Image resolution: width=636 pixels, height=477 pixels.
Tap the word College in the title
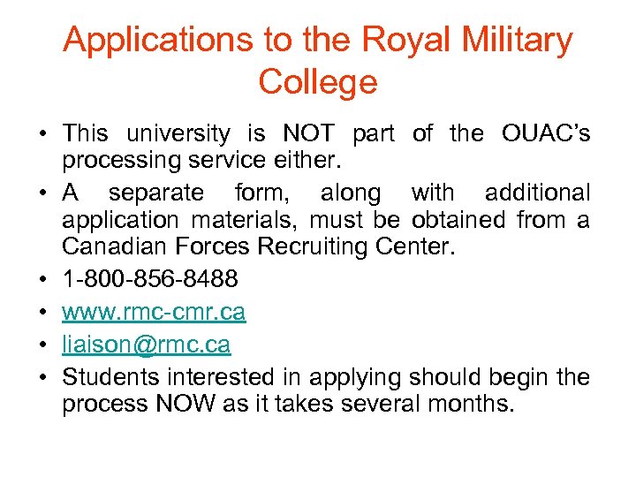tap(318, 82)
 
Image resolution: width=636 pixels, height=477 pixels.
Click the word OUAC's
tap(545, 134)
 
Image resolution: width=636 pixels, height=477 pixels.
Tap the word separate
tap(155, 193)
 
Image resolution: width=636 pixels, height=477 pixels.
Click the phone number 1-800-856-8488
tap(150, 280)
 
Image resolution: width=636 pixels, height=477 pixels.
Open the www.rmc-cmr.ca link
tap(154, 313)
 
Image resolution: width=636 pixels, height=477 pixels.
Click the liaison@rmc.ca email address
tap(146, 344)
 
